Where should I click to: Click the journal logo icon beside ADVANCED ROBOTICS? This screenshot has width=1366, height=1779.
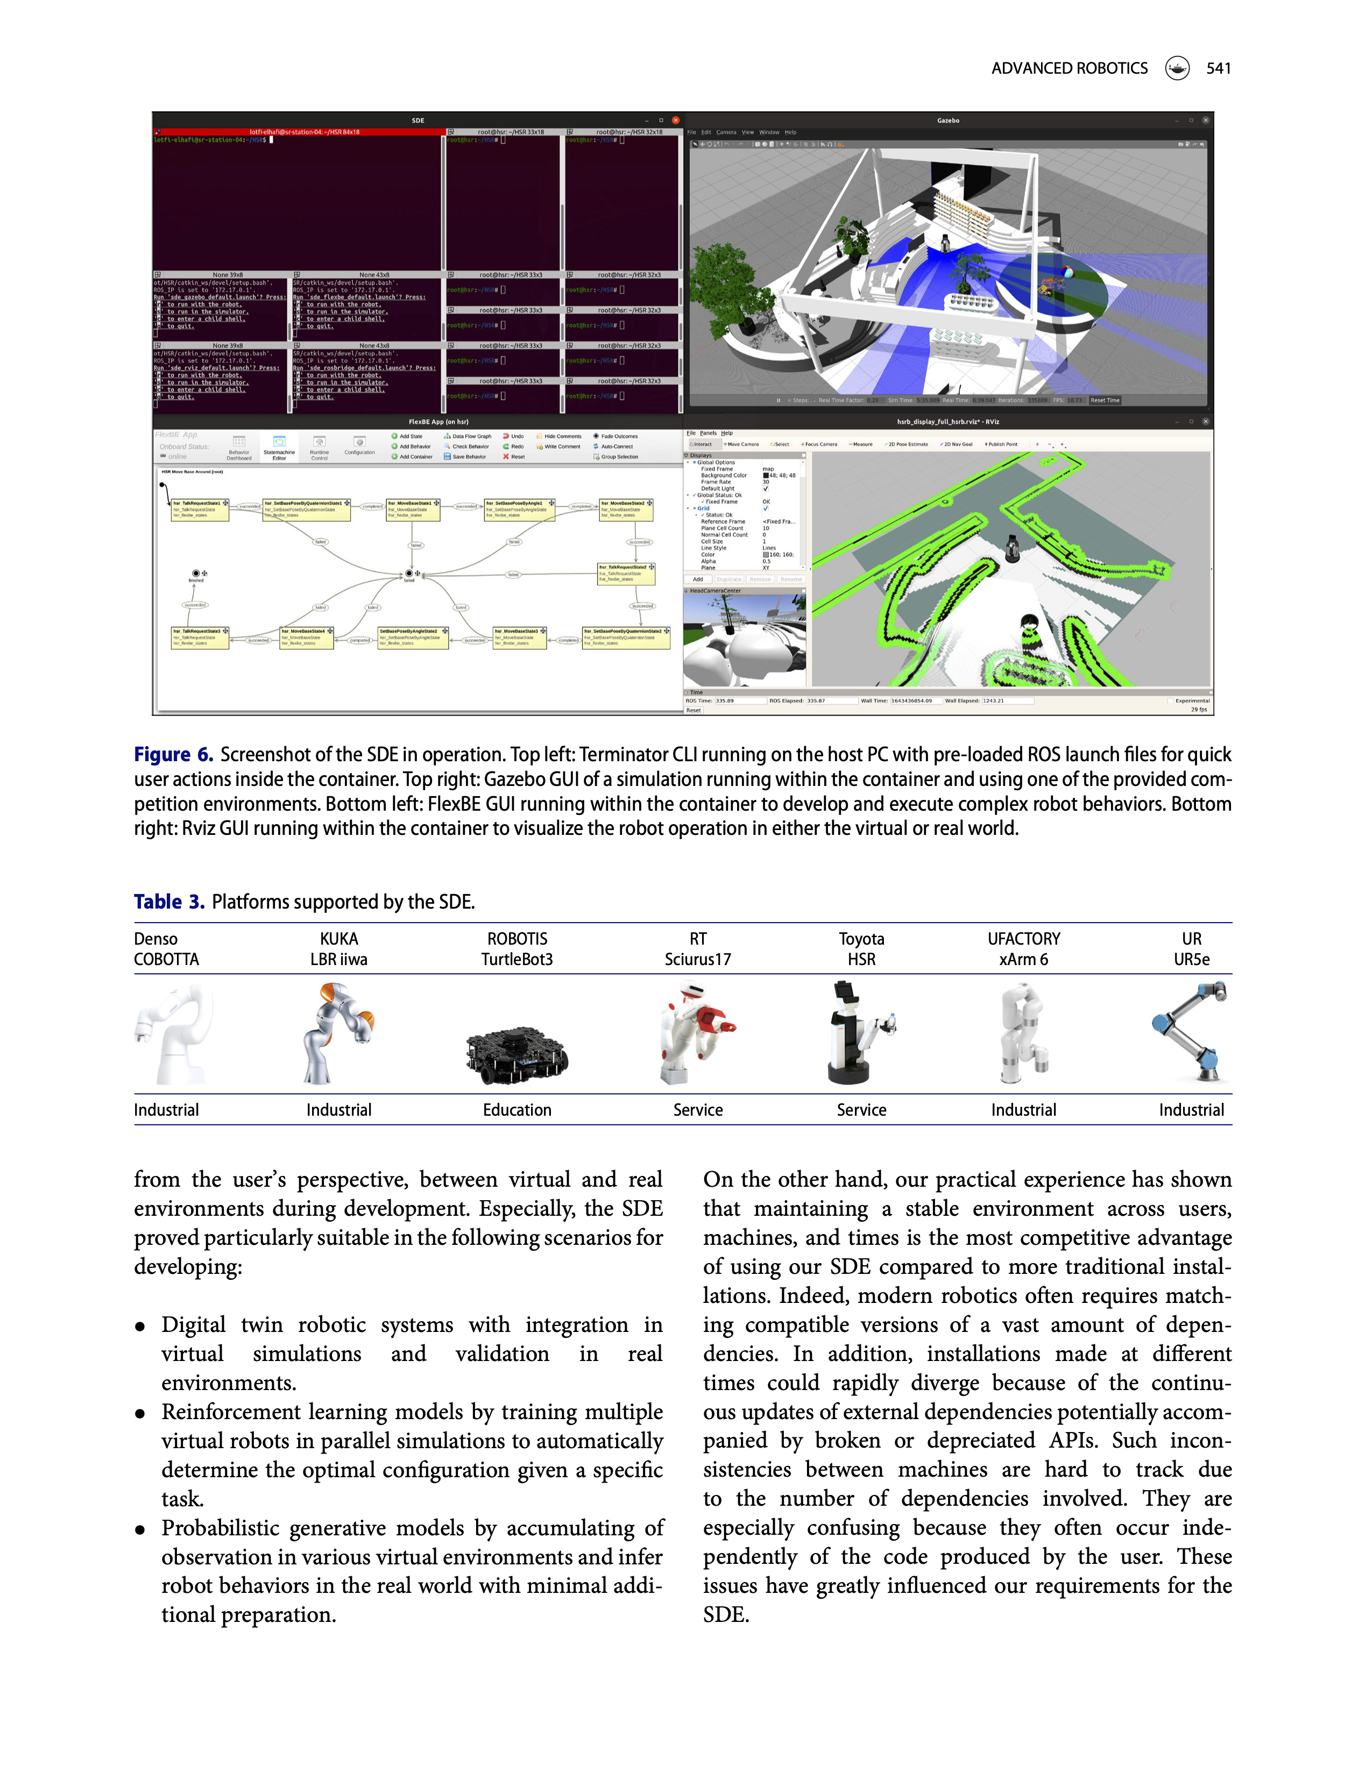(1177, 68)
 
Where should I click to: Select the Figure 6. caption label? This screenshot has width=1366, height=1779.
(173, 755)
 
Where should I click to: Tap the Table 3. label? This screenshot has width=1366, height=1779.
(168, 902)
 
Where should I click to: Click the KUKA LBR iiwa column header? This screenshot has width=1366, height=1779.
(338, 949)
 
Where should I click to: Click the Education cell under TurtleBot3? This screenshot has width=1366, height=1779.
(516, 1110)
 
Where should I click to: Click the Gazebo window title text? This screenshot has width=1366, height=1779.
(947, 121)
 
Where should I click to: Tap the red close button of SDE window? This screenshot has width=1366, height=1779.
(675, 121)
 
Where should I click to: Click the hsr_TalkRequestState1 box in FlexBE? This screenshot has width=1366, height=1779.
(199, 509)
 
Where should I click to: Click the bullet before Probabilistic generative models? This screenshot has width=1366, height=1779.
(140, 1529)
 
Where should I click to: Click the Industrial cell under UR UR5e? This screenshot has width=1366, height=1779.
(1191, 1110)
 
